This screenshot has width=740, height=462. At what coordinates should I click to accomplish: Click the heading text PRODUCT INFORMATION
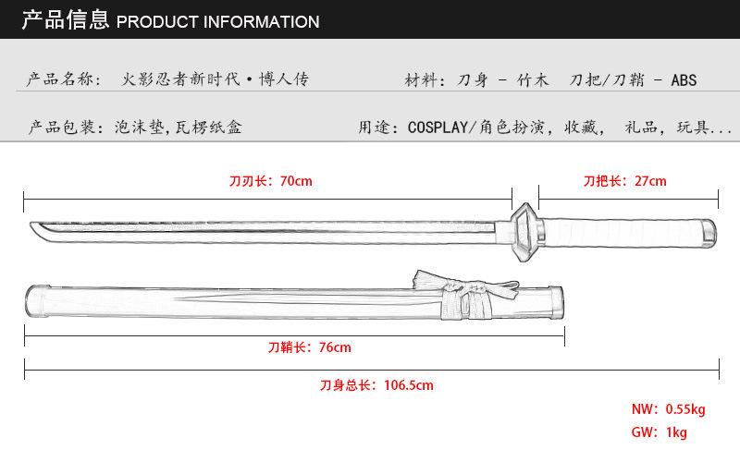click(218, 21)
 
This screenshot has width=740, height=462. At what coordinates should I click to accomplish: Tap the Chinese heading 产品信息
click(65, 20)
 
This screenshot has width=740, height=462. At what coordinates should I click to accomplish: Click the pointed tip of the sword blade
click(34, 226)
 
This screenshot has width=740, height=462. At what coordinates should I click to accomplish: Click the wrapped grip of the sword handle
click(620, 228)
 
